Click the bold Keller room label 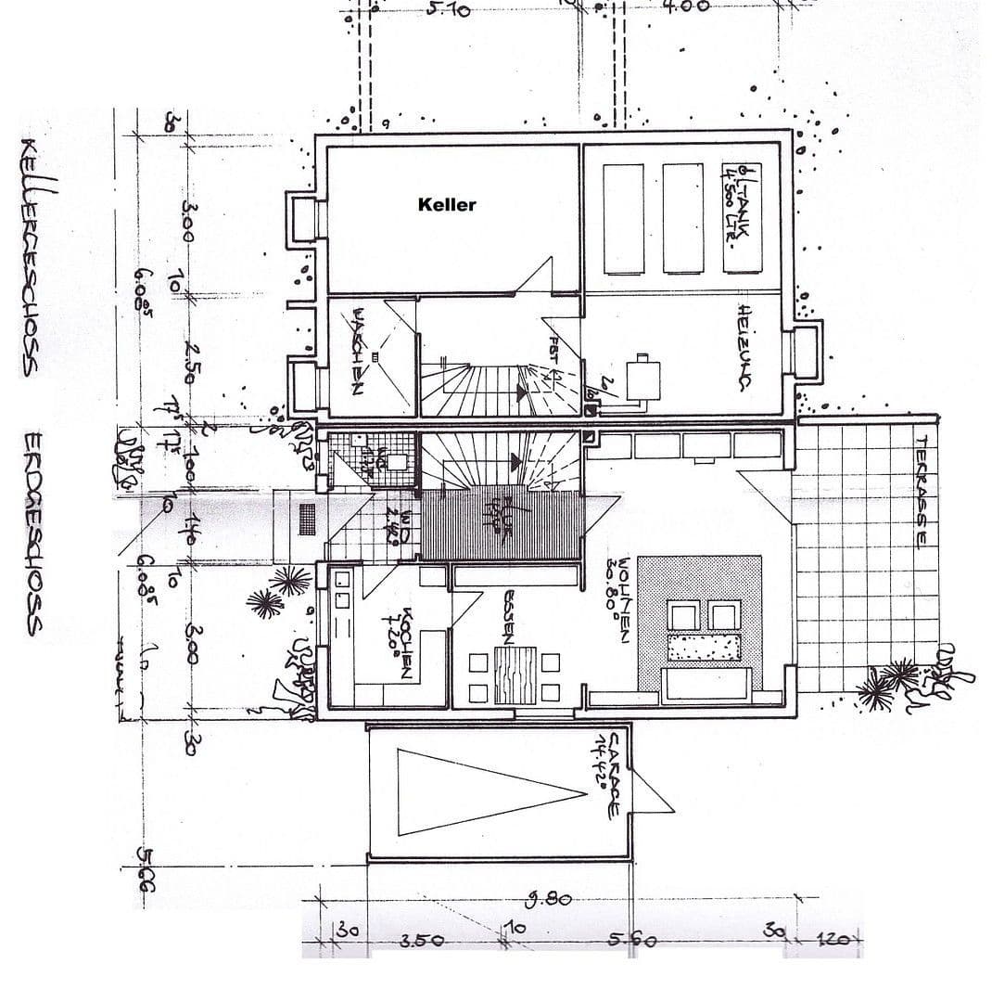pos(446,205)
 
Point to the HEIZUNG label pos(744,347)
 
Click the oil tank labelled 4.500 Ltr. pos(743,218)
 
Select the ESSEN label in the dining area pos(508,618)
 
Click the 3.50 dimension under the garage pos(421,940)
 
